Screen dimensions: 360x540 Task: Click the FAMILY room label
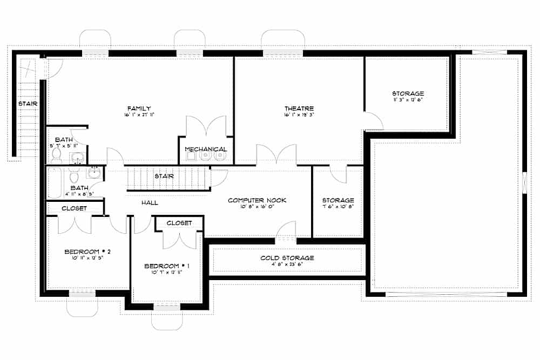(x=138, y=108)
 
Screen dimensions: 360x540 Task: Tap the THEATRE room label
(x=299, y=108)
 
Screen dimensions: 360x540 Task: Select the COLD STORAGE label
(x=287, y=258)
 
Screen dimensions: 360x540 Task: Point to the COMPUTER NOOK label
(x=256, y=200)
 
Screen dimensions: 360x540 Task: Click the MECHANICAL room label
(x=206, y=149)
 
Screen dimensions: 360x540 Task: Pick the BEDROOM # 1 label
(x=167, y=266)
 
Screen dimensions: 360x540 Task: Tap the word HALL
(x=150, y=203)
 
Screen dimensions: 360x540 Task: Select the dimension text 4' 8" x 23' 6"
(x=287, y=264)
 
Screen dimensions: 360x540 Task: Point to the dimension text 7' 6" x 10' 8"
(x=338, y=207)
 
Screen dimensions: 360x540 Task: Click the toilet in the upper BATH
(x=57, y=154)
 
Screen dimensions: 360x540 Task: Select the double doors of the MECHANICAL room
(x=206, y=127)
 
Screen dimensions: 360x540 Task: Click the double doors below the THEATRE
(x=276, y=155)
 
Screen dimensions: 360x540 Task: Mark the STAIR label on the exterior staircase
(x=26, y=103)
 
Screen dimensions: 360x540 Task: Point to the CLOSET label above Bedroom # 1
(x=179, y=223)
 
